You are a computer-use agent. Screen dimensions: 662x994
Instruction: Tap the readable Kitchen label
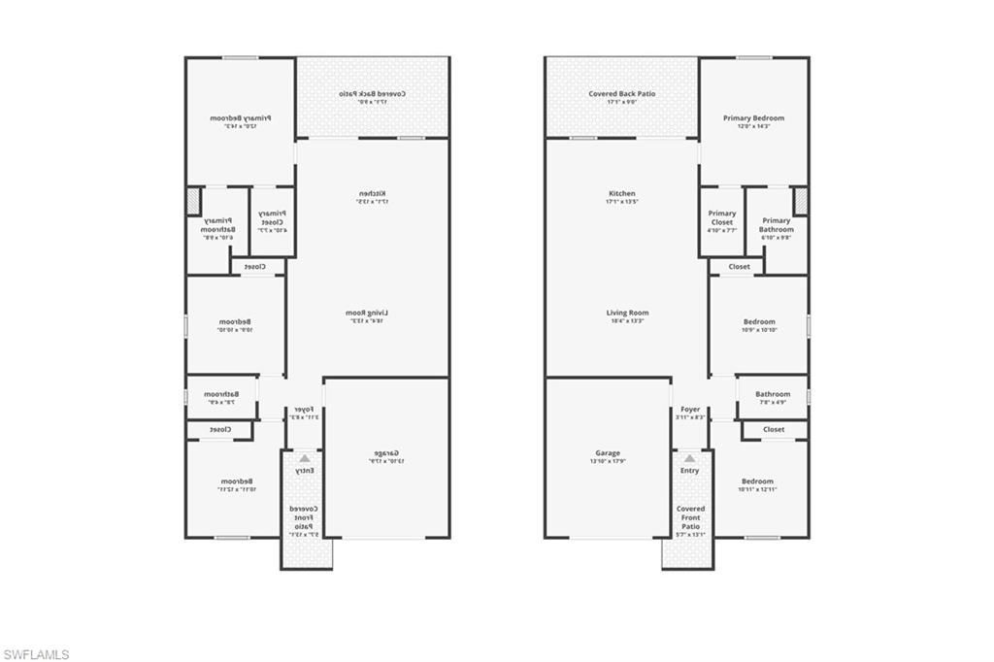622,193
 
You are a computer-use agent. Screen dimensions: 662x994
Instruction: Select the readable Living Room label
627,313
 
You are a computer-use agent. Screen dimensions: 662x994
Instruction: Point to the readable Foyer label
690,410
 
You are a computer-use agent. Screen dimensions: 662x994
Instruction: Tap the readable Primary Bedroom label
753,117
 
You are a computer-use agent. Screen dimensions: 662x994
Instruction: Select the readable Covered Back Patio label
622,94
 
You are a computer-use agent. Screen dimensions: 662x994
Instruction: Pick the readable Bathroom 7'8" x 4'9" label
773,394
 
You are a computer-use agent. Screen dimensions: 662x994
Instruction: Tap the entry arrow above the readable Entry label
690,458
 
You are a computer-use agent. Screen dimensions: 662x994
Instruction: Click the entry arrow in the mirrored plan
305,458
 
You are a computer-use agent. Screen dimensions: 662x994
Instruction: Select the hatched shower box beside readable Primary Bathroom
801,201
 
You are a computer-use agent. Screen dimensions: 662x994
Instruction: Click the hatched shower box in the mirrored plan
193,201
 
